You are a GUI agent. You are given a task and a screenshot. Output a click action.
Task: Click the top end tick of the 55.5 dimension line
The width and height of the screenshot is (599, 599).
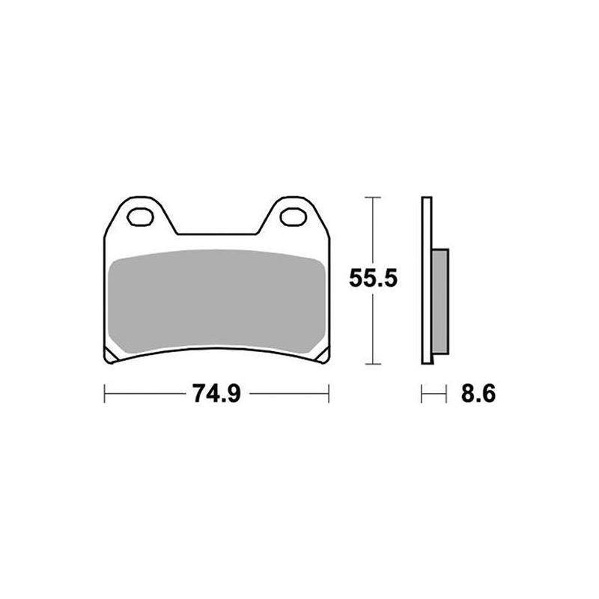[373, 198]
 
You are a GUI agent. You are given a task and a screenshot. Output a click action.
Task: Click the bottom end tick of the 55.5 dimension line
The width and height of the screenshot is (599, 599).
[373, 365]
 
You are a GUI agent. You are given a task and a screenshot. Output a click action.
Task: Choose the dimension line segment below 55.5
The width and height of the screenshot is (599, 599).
[373, 329]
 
